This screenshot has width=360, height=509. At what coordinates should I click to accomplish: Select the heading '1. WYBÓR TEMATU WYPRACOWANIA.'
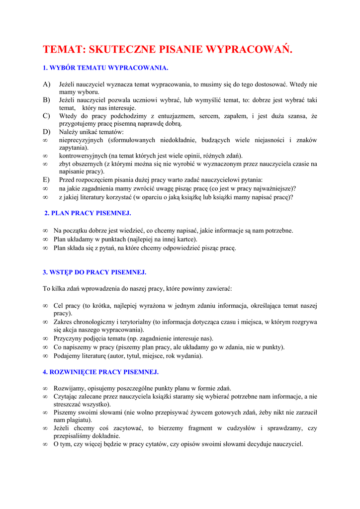pos(105,68)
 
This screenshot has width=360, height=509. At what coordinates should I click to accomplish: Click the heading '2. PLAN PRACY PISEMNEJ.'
pos(88,213)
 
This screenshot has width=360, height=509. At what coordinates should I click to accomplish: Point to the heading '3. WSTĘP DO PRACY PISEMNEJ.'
pos(94,272)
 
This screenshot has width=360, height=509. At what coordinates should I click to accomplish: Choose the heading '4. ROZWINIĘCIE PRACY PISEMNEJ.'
pos(100,372)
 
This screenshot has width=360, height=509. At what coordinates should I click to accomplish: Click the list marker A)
pos(47,85)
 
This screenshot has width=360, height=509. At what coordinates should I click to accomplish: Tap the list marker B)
pos(47,100)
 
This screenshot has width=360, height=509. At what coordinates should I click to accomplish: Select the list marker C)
pos(47,116)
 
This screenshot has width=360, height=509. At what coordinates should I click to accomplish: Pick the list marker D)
pos(47,132)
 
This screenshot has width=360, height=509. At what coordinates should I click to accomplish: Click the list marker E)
pos(46,179)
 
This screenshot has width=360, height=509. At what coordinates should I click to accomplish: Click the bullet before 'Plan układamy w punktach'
pos(45,239)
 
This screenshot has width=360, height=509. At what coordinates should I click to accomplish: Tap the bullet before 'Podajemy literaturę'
pos(45,356)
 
